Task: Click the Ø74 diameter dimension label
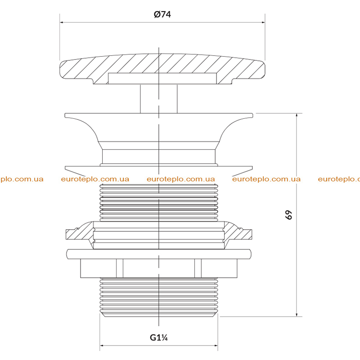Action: coord(162,14)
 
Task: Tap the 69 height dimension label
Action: coord(288,215)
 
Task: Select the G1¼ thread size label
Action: coord(159,337)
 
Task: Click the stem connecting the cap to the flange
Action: coord(159,99)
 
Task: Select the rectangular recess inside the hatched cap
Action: coord(162,78)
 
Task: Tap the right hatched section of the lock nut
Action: coord(238,234)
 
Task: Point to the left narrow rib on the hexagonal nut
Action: coord(120,268)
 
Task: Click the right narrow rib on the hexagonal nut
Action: coord(198,268)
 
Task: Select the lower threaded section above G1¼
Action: coord(159,297)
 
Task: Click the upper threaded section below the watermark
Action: coord(159,203)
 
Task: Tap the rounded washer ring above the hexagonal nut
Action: coord(159,254)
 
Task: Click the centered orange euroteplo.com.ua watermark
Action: coord(181,179)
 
